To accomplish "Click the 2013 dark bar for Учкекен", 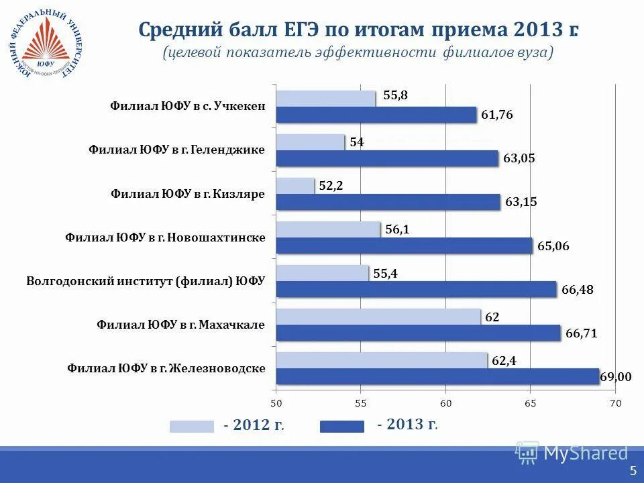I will click(x=376, y=115).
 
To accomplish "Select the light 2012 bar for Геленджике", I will click(x=310, y=142).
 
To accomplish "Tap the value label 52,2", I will click(x=331, y=186).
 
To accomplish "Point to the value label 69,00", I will click(x=615, y=377).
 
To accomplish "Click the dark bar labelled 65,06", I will click(x=404, y=246).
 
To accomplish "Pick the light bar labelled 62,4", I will click(x=381, y=360).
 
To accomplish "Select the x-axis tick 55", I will click(x=360, y=403).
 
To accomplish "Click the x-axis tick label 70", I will click(x=615, y=403).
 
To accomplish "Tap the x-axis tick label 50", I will click(x=276, y=403).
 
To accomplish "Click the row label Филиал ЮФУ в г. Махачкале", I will click(x=180, y=325).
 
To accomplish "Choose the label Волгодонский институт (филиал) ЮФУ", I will click(x=146, y=281).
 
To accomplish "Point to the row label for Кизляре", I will click(x=188, y=194).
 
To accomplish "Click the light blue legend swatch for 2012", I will click(x=192, y=426).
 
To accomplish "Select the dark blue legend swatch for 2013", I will click(x=342, y=426).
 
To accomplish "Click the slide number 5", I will click(x=633, y=471).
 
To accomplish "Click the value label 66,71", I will click(x=582, y=333).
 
